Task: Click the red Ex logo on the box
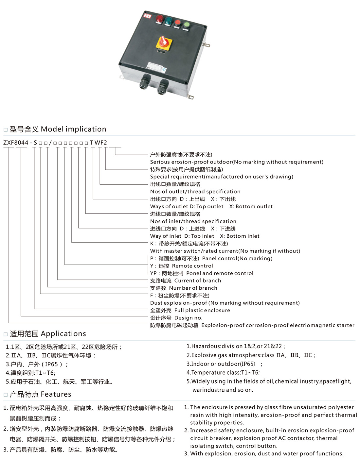pyautogui.click(x=147, y=16)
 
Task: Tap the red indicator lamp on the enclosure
pyautogui.click(x=159, y=19)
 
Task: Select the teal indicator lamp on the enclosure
pyautogui.click(x=168, y=21)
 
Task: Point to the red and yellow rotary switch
pyautogui.click(x=164, y=42)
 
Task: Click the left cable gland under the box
pyautogui.click(x=145, y=81)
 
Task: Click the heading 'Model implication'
pyautogui.click(x=73, y=129)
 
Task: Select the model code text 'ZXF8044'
pyautogui.click(x=16, y=143)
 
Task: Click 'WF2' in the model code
pyautogui.click(x=101, y=143)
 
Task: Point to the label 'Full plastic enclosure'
pyautogui.click(x=202, y=310)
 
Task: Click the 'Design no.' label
pyautogui.click(x=189, y=318)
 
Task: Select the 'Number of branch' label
pyautogui.click(x=193, y=288)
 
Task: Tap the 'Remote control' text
pyautogui.click(x=192, y=266)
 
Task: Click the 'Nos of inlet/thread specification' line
pyautogui.click(x=193, y=221)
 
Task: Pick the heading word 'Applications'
pyautogui.click(x=63, y=333)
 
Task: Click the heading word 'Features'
pyautogui.click(x=56, y=394)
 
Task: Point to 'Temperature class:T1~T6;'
pyautogui.click(x=223, y=372)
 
